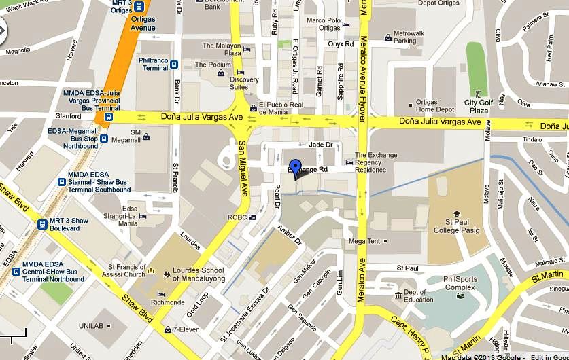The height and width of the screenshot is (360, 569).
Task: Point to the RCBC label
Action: click(236, 217)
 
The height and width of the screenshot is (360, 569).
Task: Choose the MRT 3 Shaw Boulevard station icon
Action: click(41, 224)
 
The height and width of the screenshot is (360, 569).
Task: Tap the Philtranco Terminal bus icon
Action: click(175, 65)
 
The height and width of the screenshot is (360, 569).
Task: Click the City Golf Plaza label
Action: click(477, 107)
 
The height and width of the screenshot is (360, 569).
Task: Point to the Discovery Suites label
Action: click(244, 83)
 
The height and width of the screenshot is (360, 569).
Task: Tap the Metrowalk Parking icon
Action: click(387, 37)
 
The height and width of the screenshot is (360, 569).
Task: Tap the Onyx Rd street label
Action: click(341, 44)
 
